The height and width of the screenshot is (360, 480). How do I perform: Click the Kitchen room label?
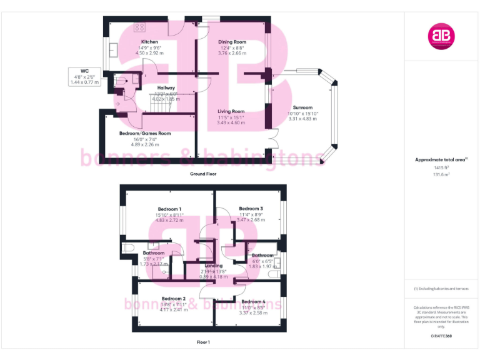tap(149, 42)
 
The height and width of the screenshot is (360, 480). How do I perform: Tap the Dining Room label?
tap(231, 42)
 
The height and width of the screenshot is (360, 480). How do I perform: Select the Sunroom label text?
tap(302, 107)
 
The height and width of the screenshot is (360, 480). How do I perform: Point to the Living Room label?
tap(231, 111)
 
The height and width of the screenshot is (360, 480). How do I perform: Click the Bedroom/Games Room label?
tap(145, 133)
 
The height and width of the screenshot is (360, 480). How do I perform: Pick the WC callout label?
tap(84, 71)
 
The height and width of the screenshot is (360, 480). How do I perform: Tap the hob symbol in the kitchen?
tap(139, 27)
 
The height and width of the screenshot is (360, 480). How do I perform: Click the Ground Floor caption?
tap(203, 174)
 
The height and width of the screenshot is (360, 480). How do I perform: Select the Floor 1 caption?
tap(203, 342)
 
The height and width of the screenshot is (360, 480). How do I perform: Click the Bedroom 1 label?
tap(170, 209)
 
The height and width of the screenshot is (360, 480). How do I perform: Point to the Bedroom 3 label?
tap(251, 208)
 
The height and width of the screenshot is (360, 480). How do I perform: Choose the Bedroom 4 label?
tap(253, 302)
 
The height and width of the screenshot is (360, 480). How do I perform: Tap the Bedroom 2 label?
tap(173, 299)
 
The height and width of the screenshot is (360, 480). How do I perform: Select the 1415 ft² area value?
tap(441, 168)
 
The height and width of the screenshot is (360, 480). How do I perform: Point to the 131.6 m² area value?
tap(441, 175)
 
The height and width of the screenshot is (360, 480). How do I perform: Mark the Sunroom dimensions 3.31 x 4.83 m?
tap(304, 119)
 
